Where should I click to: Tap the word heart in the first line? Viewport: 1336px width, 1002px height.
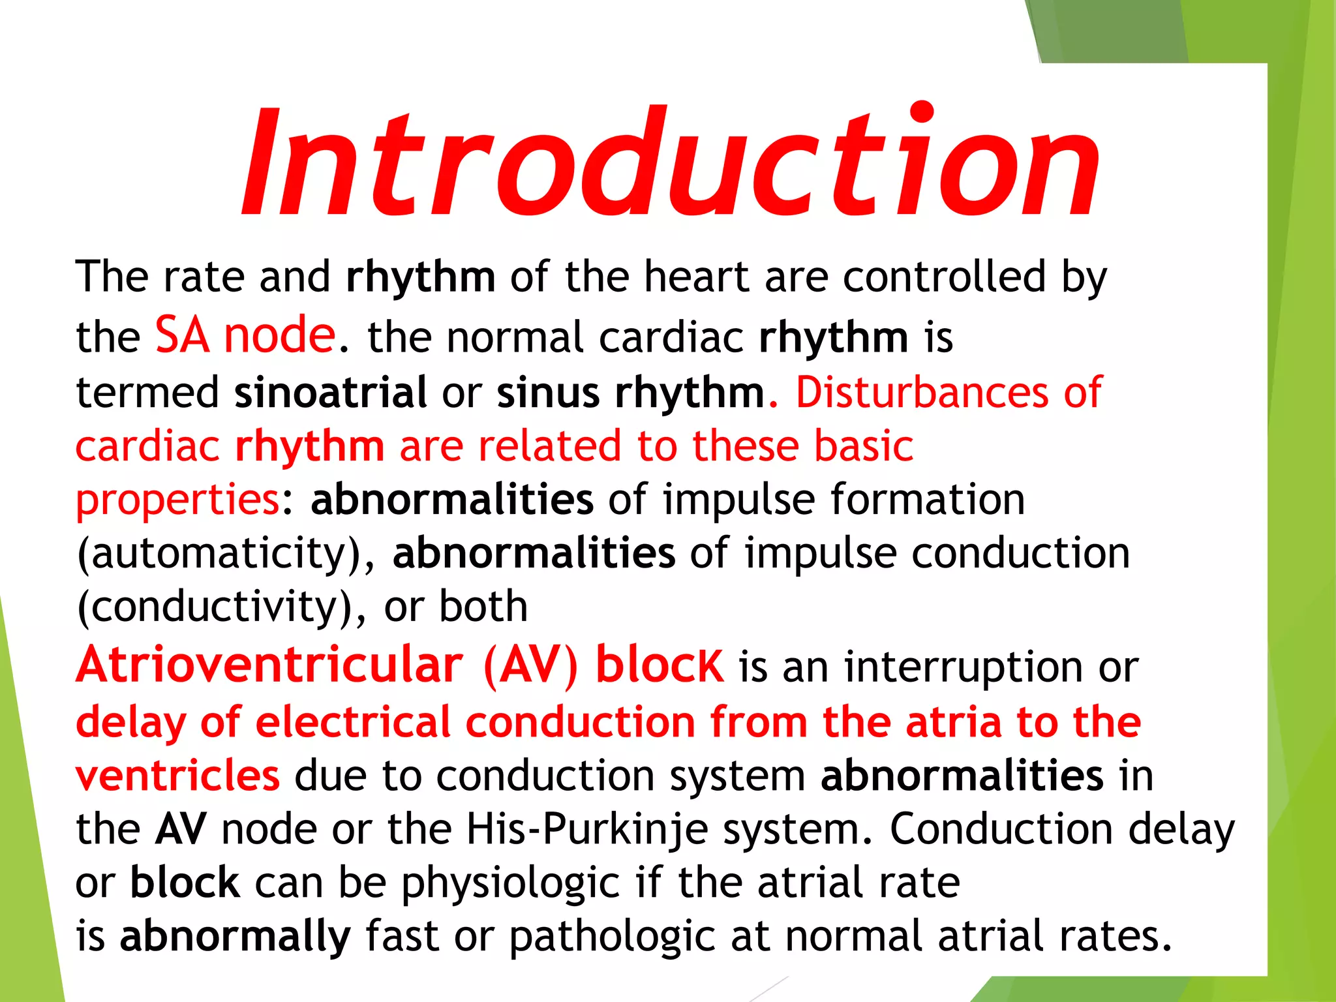(695, 277)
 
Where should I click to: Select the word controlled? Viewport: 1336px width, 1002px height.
(945, 277)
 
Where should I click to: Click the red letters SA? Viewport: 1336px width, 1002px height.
(182, 335)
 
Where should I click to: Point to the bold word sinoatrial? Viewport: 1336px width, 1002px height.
(331, 393)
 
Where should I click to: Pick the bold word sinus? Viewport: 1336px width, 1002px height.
(548, 393)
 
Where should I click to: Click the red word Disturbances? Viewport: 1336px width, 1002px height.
(922, 393)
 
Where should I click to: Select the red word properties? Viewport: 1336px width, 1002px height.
(177, 501)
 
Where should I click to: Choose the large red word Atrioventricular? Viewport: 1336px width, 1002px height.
(269, 665)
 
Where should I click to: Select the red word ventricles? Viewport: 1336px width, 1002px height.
(177, 776)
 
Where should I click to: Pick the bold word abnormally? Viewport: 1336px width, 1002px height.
(235, 937)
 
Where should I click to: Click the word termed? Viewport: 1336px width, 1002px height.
(147, 393)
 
